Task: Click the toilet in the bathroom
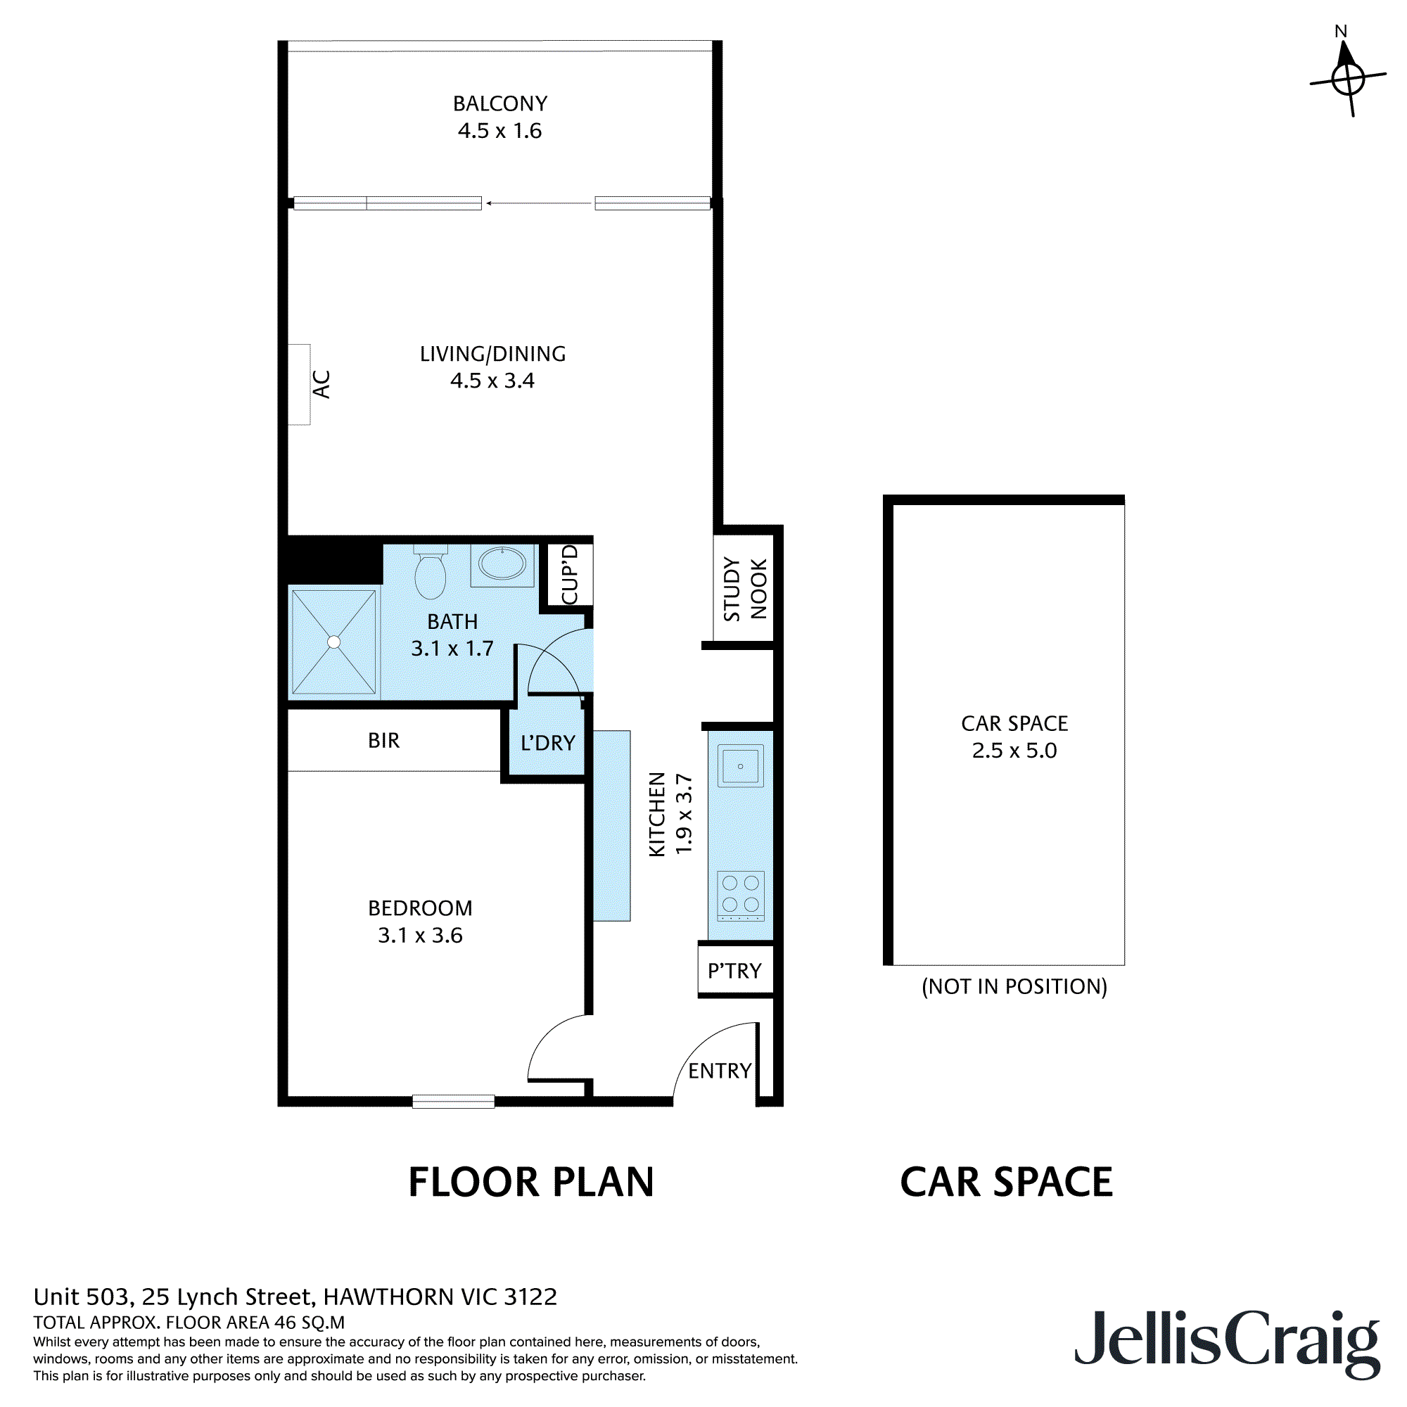point(430,574)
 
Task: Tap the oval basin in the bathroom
point(502,564)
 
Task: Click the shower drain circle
point(333,642)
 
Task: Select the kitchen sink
point(740,765)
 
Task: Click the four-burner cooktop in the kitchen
point(740,893)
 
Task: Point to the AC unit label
point(321,384)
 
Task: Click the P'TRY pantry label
point(734,971)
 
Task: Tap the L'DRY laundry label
point(547,743)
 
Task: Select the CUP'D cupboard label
point(570,575)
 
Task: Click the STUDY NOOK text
point(745,588)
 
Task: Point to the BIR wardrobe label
point(383,741)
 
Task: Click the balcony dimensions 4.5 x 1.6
point(499,131)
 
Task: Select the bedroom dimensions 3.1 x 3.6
point(420,935)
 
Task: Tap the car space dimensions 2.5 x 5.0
point(1014,750)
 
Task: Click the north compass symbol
point(1347,77)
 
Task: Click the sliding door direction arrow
point(539,203)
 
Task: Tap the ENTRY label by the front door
point(720,1071)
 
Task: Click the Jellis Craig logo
point(1227,1341)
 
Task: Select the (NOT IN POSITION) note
point(1014,987)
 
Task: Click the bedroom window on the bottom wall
point(453,1102)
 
